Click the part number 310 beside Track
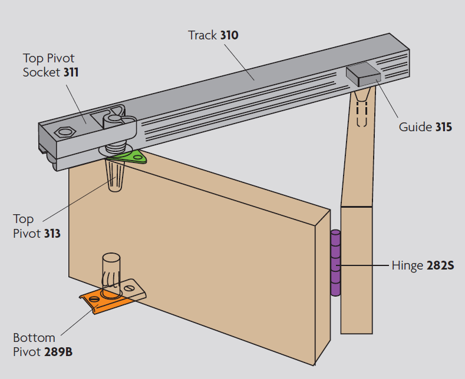pos(229,35)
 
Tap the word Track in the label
pos(203,35)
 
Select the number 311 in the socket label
pos(71,72)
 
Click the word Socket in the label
pos(41,72)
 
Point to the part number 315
pos(444,127)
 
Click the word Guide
pos(415,127)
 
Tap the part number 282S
pos(440,265)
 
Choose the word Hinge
pos(407,265)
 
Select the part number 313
pos(52,234)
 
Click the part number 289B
pos(58,352)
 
